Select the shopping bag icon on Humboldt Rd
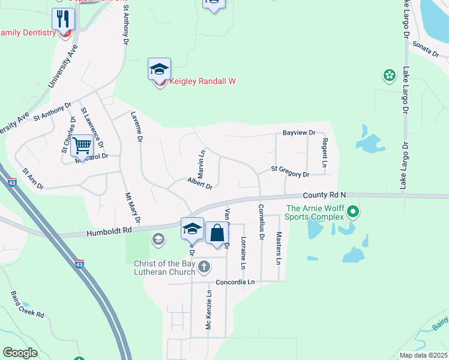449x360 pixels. pos(217,233)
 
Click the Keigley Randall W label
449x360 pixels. pos(202,82)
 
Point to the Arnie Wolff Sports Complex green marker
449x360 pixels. pos(353,211)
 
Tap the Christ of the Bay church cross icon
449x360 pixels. pos(204,266)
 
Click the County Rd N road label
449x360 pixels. pos(325,195)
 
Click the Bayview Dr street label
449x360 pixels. pos(299,133)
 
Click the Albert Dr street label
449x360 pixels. pos(200,184)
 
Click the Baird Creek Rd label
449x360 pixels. pos(27,305)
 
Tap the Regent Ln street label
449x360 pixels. pos(324,152)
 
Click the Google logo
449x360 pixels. pos(20,353)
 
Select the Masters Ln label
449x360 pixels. pos(279,248)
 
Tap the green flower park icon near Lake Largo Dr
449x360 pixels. pos(389,76)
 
